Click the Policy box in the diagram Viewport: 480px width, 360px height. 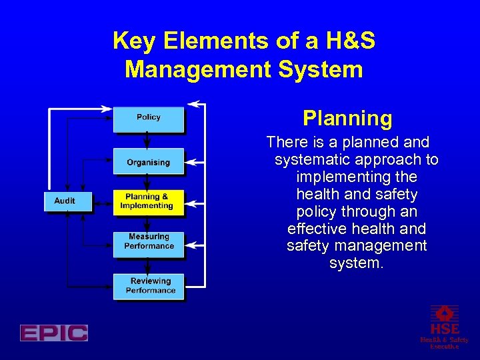[148, 118]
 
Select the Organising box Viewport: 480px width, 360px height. [148, 162]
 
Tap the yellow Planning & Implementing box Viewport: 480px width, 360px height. [147, 201]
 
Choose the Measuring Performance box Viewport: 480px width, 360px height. [148, 241]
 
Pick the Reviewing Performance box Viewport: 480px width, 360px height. [149, 286]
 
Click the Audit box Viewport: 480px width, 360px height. [65, 201]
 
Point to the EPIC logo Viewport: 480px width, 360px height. [54, 333]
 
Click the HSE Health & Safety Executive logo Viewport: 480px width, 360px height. [444, 327]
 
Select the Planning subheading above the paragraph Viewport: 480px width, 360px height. [347, 119]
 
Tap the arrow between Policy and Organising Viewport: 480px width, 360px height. [147, 141]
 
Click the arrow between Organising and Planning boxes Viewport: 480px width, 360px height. [147, 182]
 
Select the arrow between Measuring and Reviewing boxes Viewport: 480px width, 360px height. [147, 263]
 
